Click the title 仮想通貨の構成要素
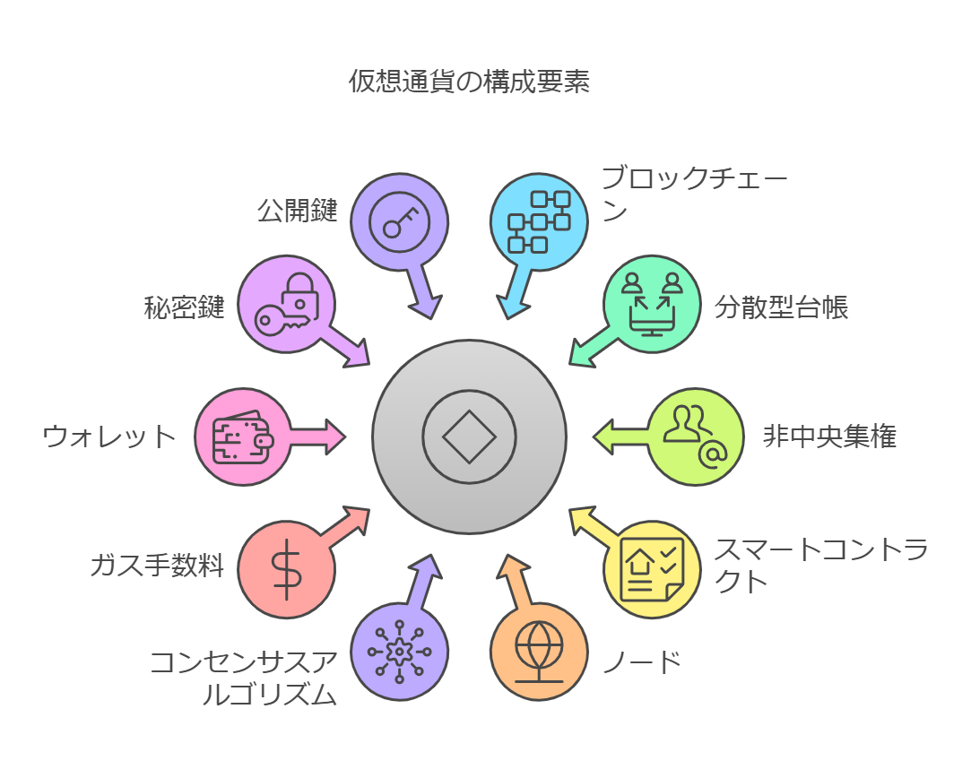(469, 81)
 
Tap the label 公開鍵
(298, 211)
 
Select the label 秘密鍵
(184, 307)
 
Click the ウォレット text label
(109, 437)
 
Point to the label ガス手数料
(157, 565)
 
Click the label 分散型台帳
(781, 307)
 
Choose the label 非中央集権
(829, 437)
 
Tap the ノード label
(642, 662)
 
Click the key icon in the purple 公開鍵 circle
(400, 222)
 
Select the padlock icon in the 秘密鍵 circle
(301, 295)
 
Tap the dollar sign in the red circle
(286, 569)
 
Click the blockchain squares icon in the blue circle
(539, 222)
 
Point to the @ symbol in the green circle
(714, 455)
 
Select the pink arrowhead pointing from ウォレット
(335, 437)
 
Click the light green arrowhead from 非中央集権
(603, 437)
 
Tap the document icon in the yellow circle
(652, 569)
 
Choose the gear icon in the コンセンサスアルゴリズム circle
(399, 652)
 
